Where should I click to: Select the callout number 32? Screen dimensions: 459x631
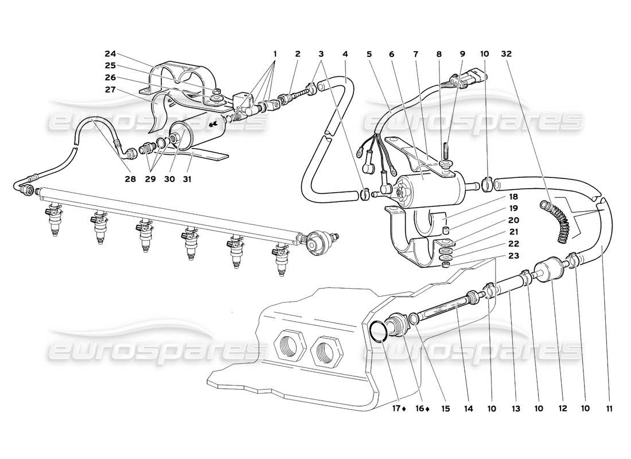point(507,55)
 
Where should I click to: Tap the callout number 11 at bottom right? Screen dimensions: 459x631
point(609,409)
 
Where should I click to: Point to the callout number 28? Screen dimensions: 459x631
point(130,179)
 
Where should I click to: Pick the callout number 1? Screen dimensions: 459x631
point(275,55)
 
